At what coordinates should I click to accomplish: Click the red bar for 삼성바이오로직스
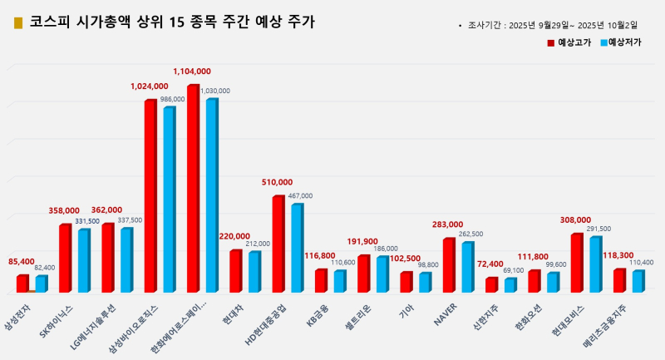click(150, 195)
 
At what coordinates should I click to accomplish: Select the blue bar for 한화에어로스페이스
click(212, 195)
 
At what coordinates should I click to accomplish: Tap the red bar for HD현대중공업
click(278, 244)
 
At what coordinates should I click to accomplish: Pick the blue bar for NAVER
click(467, 267)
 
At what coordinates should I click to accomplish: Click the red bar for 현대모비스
click(576, 263)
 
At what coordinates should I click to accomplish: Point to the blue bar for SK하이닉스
click(84, 260)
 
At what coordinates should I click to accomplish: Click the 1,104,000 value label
click(192, 72)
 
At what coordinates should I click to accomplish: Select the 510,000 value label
click(278, 182)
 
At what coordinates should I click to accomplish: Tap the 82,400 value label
click(45, 267)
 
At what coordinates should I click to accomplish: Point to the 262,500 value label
click(470, 234)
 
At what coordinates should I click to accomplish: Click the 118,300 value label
click(618, 256)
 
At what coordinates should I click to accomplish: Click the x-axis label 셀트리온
click(359, 318)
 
